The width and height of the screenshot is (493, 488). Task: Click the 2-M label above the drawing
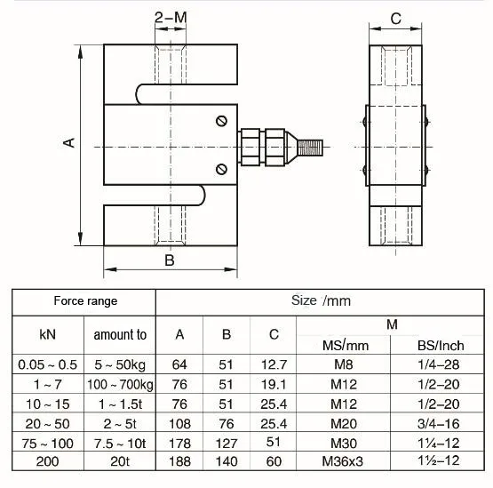point(170,17)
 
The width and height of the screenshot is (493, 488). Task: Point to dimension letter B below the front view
point(169,260)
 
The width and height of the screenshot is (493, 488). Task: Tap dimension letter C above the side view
point(396,18)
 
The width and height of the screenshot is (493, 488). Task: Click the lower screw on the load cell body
point(221,167)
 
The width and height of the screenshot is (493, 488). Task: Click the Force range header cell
point(85,301)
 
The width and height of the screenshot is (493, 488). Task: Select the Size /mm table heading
point(322,300)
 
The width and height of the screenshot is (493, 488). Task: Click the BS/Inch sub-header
point(441,346)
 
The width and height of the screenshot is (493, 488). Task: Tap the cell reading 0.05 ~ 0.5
point(48,364)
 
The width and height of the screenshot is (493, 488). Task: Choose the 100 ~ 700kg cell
point(121,384)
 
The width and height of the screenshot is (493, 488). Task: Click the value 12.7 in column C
point(274,364)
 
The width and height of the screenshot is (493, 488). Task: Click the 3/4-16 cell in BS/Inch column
point(441,423)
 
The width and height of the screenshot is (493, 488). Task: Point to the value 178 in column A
point(180,443)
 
